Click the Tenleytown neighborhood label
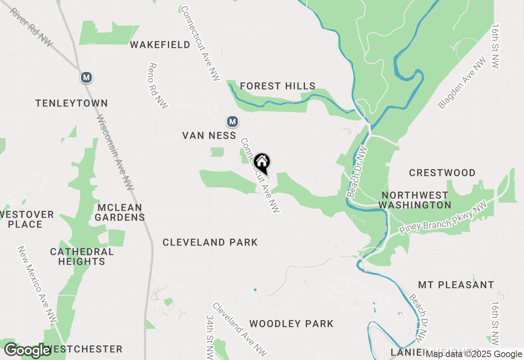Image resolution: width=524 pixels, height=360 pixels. click(x=72, y=103)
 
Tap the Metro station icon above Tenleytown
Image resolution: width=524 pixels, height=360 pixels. click(x=86, y=77)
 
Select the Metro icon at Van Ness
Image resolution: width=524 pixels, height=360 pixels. click(x=233, y=122)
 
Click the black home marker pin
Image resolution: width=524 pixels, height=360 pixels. click(x=262, y=163)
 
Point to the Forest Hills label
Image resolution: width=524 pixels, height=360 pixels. click(x=278, y=86)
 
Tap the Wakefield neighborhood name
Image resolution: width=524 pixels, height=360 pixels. click(x=160, y=45)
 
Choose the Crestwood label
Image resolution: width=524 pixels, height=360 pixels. click(x=442, y=173)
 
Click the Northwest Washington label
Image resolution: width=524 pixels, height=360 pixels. click(x=415, y=200)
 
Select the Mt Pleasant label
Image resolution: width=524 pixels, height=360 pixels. click(x=456, y=285)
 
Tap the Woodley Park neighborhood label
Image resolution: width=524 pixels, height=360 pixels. click(x=291, y=324)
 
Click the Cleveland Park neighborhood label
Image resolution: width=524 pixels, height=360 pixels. click(x=210, y=242)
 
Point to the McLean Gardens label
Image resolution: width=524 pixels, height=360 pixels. click(x=120, y=212)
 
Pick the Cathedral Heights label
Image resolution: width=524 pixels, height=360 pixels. click(x=82, y=256)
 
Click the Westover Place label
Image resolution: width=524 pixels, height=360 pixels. click(x=25, y=219)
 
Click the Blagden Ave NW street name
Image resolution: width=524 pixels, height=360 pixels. click(x=462, y=83)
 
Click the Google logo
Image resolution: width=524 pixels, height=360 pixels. click(x=28, y=350)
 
